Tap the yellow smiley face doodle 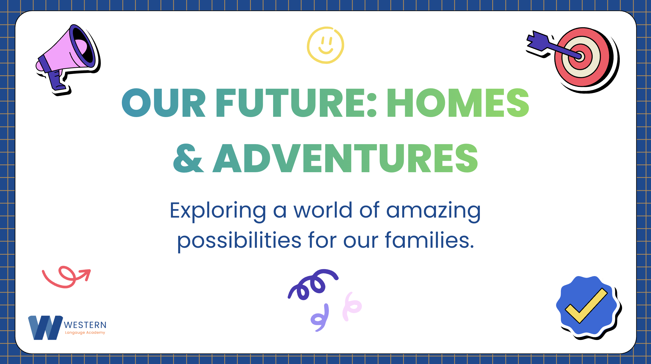[x=326, y=45]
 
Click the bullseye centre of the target [x=579, y=56]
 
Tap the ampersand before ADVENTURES [x=188, y=158]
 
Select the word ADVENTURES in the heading [x=345, y=158]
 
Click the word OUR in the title [x=163, y=102]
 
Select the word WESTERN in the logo [x=85, y=325]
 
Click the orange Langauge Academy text [x=85, y=333]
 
